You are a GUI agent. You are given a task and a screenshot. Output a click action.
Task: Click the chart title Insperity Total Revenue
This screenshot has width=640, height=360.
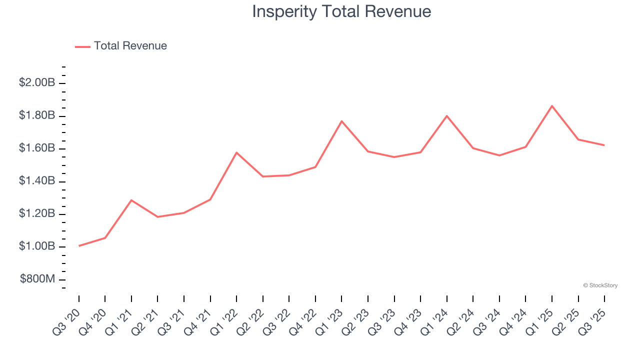point(341,11)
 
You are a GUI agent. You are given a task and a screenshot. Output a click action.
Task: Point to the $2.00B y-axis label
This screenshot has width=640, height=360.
point(37,82)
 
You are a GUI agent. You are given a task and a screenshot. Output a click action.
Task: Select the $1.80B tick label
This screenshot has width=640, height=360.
point(37,115)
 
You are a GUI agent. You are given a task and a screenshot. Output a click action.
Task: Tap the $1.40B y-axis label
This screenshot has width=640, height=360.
point(37,181)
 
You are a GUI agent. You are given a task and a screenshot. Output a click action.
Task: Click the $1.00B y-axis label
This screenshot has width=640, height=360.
point(37,246)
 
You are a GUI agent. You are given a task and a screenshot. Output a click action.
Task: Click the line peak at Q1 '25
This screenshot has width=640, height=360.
point(552,106)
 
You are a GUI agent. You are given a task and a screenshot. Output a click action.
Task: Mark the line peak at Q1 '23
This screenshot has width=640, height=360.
point(341,121)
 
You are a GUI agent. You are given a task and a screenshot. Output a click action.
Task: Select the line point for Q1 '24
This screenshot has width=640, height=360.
point(446,116)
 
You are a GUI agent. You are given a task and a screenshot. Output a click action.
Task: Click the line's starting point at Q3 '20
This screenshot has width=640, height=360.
point(79,246)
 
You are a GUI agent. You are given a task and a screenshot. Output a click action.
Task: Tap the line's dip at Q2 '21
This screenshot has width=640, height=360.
point(157,217)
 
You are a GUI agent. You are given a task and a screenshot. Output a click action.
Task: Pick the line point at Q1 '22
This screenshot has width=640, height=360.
point(236,152)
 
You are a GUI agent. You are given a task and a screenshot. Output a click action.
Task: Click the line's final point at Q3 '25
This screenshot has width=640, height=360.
point(604,145)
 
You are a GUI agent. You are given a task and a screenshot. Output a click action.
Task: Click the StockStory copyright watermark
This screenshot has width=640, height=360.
point(600,285)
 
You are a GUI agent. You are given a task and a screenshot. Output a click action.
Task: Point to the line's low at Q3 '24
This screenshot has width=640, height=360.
point(499,155)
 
